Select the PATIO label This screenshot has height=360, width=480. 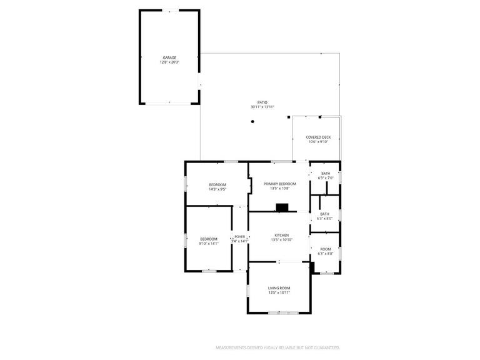262,102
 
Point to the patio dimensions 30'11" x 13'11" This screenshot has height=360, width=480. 262,107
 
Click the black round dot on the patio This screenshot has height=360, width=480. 252,122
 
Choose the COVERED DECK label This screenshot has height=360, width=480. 318,137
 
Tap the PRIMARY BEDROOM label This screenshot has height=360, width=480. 279,183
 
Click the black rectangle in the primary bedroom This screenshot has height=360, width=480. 282,207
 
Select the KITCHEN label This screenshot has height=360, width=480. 281,235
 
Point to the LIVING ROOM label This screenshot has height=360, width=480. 279,287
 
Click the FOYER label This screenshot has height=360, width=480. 239,237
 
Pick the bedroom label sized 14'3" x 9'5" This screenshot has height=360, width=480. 217,184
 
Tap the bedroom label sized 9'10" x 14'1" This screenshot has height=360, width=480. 208,239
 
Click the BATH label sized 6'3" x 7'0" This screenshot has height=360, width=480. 326,173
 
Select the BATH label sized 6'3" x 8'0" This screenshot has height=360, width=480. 326,214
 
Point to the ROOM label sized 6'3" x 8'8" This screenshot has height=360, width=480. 326,249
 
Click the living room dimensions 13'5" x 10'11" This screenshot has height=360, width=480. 279,292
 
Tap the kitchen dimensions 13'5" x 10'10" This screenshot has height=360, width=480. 281,240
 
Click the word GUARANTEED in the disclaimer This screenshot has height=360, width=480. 326,347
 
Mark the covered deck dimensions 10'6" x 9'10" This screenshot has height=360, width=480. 318,142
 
